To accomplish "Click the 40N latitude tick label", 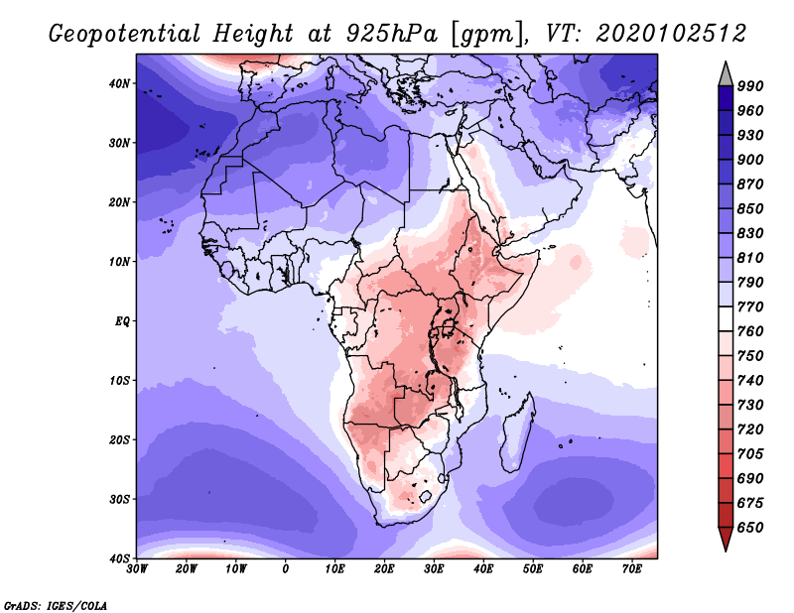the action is click(x=119, y=83).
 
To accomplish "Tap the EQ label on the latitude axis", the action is click(x=122, y=321).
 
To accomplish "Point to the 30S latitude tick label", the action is click(x=119, y=500).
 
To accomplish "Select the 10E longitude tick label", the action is click(x=334, y=569).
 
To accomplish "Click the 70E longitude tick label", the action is click(x=632, y=569).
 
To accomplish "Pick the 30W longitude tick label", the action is click(x=137, y=569).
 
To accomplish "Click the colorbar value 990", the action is click(x=750, y=86).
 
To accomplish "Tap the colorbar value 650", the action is click(x=750, y=528).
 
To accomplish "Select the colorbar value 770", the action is click(x=750, y=306).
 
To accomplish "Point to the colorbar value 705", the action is click(x=750, y=454).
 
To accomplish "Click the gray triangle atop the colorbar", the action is click(x=726, y=75).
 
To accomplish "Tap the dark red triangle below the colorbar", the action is click(x=726, y=538).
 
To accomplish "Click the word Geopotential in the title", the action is click(x=125, y=34).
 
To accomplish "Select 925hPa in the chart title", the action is click(x=391, y=34).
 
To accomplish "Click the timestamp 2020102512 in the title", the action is click(x=671, y=34).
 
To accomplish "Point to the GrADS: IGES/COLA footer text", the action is click(x=56, y=606).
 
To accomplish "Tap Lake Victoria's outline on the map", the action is click(x=449, y=328).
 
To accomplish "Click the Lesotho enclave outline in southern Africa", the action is click(x=426, y=497).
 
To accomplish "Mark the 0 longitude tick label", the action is click(x=286, y=569).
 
